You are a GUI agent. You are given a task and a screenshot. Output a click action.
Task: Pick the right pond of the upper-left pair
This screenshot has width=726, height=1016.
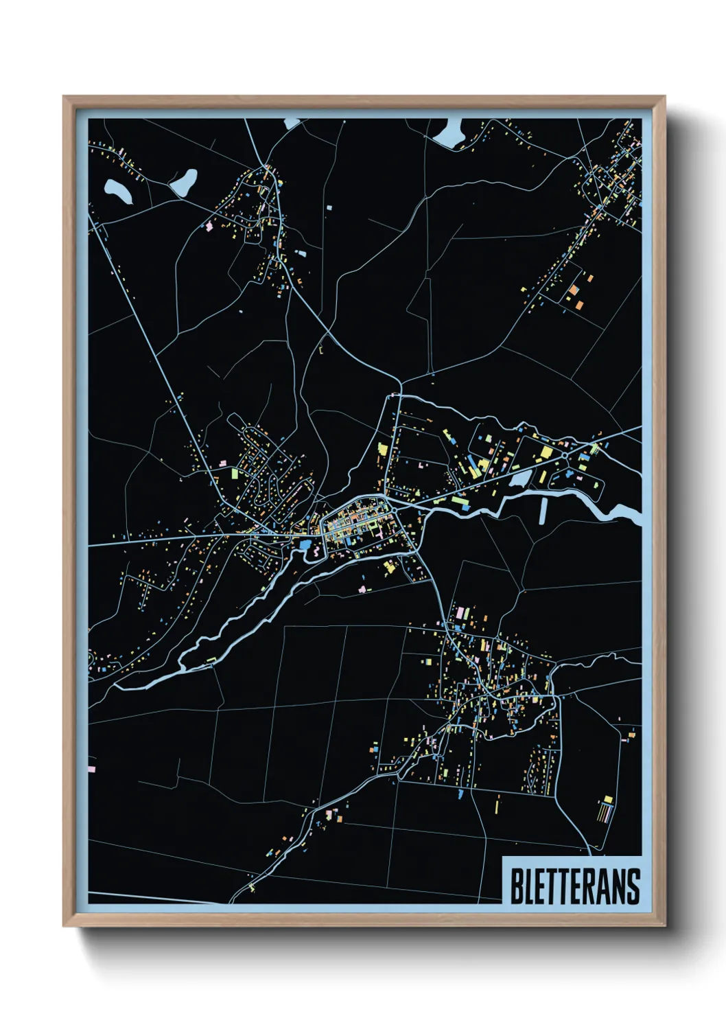click(x=184, y=181)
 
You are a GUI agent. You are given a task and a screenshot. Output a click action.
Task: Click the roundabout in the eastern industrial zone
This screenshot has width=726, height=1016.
click(x=564, y=454)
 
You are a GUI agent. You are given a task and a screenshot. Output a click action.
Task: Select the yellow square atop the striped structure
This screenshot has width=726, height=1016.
click(x=607, y=799)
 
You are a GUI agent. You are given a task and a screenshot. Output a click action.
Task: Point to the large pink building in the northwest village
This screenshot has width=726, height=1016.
click(x=209, y=225)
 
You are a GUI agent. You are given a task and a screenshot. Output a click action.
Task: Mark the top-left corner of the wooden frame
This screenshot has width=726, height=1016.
click(x=64, y=97)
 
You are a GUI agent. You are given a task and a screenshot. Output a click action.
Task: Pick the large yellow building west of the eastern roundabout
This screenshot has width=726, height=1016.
click(x=547, y=452)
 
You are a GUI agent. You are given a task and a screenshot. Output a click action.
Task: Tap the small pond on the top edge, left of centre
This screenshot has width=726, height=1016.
click(x=292, y=124)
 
